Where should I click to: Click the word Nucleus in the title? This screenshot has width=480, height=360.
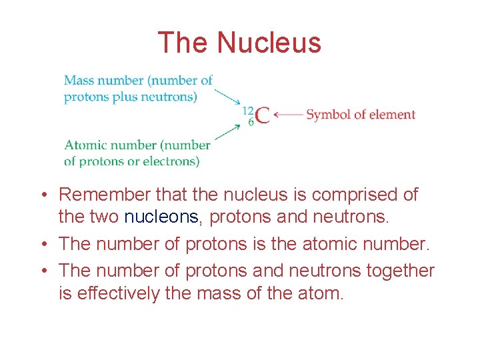269,43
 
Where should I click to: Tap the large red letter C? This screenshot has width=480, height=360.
263,115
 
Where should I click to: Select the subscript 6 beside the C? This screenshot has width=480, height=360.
251,122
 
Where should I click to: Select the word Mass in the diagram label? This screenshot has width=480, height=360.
78,81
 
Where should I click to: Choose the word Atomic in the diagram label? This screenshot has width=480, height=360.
87,145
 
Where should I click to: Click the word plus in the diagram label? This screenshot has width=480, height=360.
122,97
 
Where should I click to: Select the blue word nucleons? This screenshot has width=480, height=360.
162,217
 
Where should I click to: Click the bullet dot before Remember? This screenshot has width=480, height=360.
42,195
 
